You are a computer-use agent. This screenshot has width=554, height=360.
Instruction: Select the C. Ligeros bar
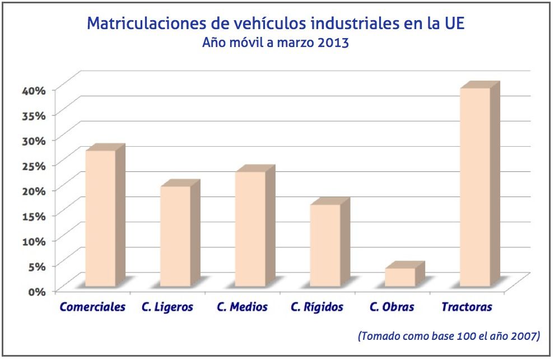tap(175, 236)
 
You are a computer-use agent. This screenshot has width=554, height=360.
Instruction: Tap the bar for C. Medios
tap(250, 229)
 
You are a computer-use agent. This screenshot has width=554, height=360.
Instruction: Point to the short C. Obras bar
tap(400, 277)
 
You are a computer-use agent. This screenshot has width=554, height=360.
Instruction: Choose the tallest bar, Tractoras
tap(475, 187)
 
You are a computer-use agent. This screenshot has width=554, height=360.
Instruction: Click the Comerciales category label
tap(92, 307)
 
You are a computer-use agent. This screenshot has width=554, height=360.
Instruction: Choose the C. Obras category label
tap(392, 307)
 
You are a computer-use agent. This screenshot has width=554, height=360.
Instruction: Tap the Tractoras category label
tap(467, 307)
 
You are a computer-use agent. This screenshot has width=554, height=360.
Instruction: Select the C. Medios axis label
tap(242, 307)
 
